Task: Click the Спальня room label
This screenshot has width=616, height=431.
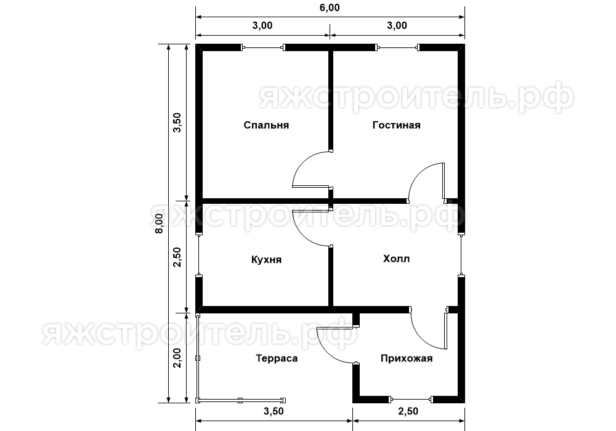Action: pos(266,125)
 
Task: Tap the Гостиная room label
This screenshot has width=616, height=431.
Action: pos(396,125)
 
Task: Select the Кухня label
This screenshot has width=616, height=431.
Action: pos(266,260)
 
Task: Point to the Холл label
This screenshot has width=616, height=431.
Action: pos(396,259)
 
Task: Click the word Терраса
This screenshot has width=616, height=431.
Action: pos(277,358)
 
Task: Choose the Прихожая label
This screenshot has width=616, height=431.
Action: pos(406,358)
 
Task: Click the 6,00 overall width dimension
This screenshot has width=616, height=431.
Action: pos(329,7)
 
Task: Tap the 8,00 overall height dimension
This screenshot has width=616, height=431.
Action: pos(159,224)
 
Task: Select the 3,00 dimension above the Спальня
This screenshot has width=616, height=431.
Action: pos(262,25)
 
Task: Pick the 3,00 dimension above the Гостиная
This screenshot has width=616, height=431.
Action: pos(397,25)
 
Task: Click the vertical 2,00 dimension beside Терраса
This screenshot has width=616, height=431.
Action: pos(177,358)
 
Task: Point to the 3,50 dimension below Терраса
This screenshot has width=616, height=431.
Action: pos(274,411)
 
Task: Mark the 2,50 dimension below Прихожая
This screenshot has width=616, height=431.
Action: pos(408,411)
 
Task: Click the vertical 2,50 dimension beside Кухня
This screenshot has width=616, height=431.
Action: pos(177,257)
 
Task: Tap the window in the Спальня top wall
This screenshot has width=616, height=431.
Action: pos(262,48)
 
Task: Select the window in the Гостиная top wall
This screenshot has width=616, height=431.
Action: pos(397,48)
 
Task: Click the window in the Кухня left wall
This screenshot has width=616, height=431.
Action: pos(199,255)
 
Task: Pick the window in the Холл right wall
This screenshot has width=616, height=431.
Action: pos(461,255)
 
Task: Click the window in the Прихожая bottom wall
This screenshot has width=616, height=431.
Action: pos(410,400)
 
